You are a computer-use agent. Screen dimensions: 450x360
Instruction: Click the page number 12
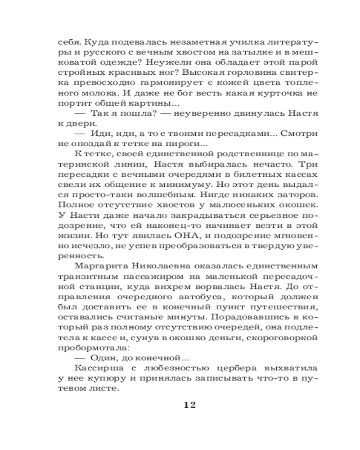(189, 404)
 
